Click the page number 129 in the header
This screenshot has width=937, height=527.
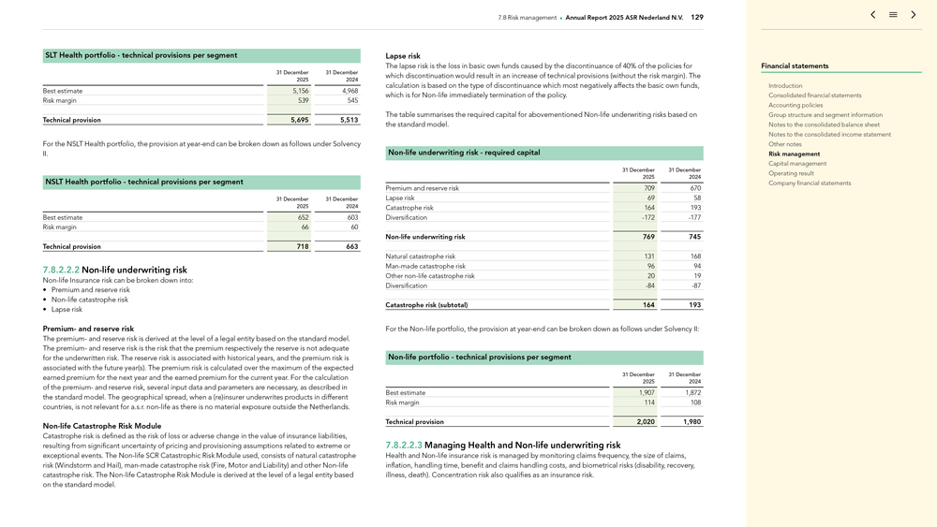(697, 17)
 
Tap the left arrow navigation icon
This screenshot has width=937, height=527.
(873, 15)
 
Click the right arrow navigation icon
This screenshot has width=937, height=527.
(914, 15)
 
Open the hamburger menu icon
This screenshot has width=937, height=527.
(893, 15)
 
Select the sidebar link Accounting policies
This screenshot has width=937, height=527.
(796, 105)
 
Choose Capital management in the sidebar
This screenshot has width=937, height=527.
(797, 164)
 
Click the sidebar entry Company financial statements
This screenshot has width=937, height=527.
(810, 183)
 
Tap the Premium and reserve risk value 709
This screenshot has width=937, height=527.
(647, 188)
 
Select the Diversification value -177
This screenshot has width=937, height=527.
(693, 217)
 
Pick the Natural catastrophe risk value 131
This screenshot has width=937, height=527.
(648, 256)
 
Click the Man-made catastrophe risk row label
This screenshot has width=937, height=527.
(425, 266)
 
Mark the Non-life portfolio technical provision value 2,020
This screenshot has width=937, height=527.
(645, 422)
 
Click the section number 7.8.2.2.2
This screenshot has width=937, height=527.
(61, 270)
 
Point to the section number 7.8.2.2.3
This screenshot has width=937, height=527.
(404, 446)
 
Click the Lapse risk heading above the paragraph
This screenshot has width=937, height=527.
(403, 56)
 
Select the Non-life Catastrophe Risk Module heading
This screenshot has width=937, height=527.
(102, 426)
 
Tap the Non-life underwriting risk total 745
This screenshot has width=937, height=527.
(693, 237)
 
